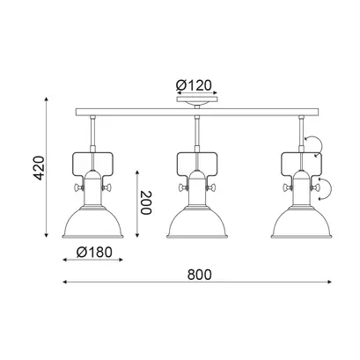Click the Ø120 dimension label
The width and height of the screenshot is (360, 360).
(194, 85)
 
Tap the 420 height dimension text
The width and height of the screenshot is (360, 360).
(39, 167)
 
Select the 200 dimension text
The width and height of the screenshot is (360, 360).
(146, 202)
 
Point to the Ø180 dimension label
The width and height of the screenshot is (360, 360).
(94, 252)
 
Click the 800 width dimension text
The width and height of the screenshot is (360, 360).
(199, 275)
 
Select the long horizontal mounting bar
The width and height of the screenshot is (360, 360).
(197, 112)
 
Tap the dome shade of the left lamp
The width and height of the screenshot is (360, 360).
(92, 223)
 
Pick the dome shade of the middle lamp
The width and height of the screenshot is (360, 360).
(197, 223)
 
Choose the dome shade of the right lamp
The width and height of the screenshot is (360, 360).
(301, 223)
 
